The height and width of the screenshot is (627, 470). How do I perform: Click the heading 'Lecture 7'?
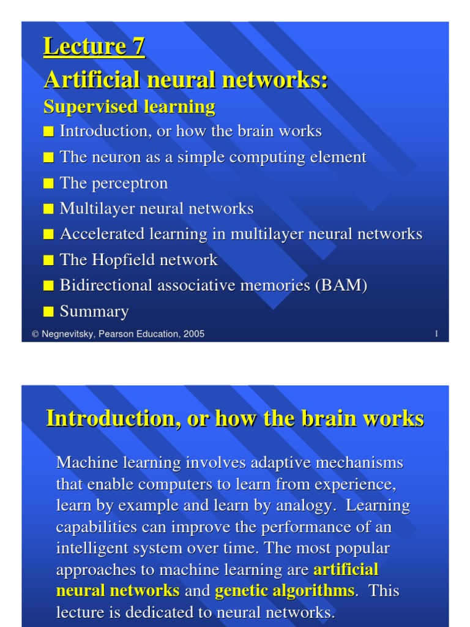94,47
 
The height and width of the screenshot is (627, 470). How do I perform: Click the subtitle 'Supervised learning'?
129,107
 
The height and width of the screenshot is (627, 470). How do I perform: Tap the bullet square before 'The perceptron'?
48,184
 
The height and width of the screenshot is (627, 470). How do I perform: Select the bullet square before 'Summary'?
48,313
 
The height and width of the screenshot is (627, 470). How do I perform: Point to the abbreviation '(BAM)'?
341,286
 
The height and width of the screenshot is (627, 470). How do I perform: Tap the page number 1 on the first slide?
436,334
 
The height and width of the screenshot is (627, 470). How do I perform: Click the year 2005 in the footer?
193,334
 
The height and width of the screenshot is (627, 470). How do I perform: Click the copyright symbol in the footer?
35,334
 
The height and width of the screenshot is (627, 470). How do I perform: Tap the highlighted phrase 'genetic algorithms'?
284,591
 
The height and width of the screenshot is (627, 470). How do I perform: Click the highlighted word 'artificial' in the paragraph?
346,570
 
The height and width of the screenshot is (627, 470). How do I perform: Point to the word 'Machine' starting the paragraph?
82,463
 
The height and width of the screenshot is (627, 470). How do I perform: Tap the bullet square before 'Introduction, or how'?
48,132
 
